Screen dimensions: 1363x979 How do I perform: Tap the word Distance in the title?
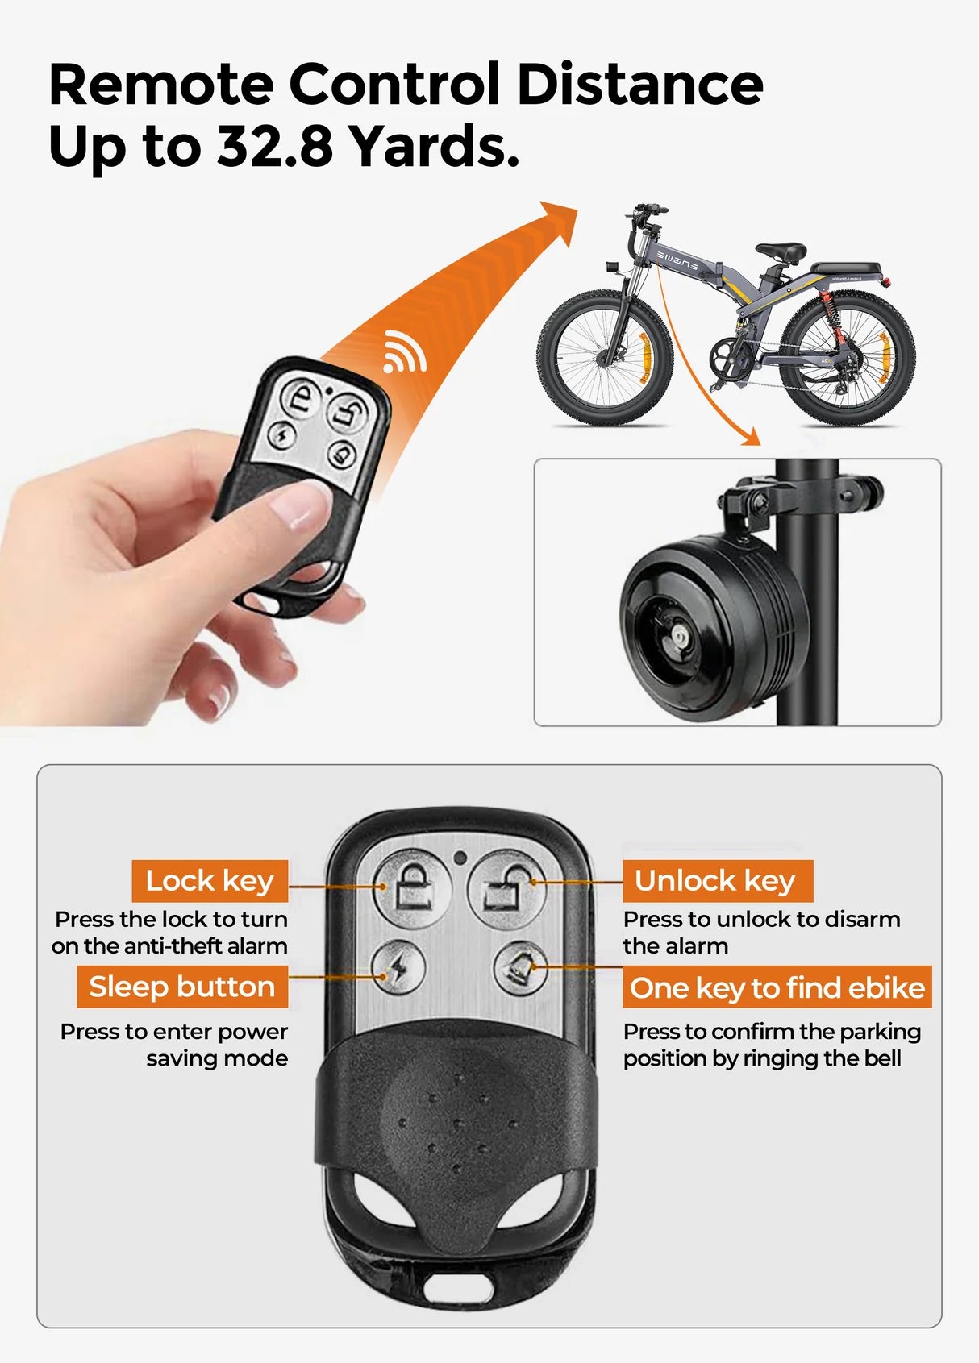pyautogui.click(x=639, y=84)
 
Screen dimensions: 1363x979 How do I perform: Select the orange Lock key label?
pyautogui.click(x=210, y=880)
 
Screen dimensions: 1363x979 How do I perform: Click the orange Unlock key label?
pyautogui.click(x=716, y=880)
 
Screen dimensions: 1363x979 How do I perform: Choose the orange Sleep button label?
pyautogui.click(x=182, y=987)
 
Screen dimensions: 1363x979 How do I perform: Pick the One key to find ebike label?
pyautogui.click(x=777, y=987)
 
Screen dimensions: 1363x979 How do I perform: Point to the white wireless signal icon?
pyautogui.click(x=403, y=352)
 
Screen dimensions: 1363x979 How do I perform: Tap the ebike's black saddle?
pyautogui.click(x=779, y=251)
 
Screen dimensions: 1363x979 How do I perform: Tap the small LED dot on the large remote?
pyautogui.click(x=460, y=857)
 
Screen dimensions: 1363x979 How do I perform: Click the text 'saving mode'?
pyautogui.click(x=217, y=1058)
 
